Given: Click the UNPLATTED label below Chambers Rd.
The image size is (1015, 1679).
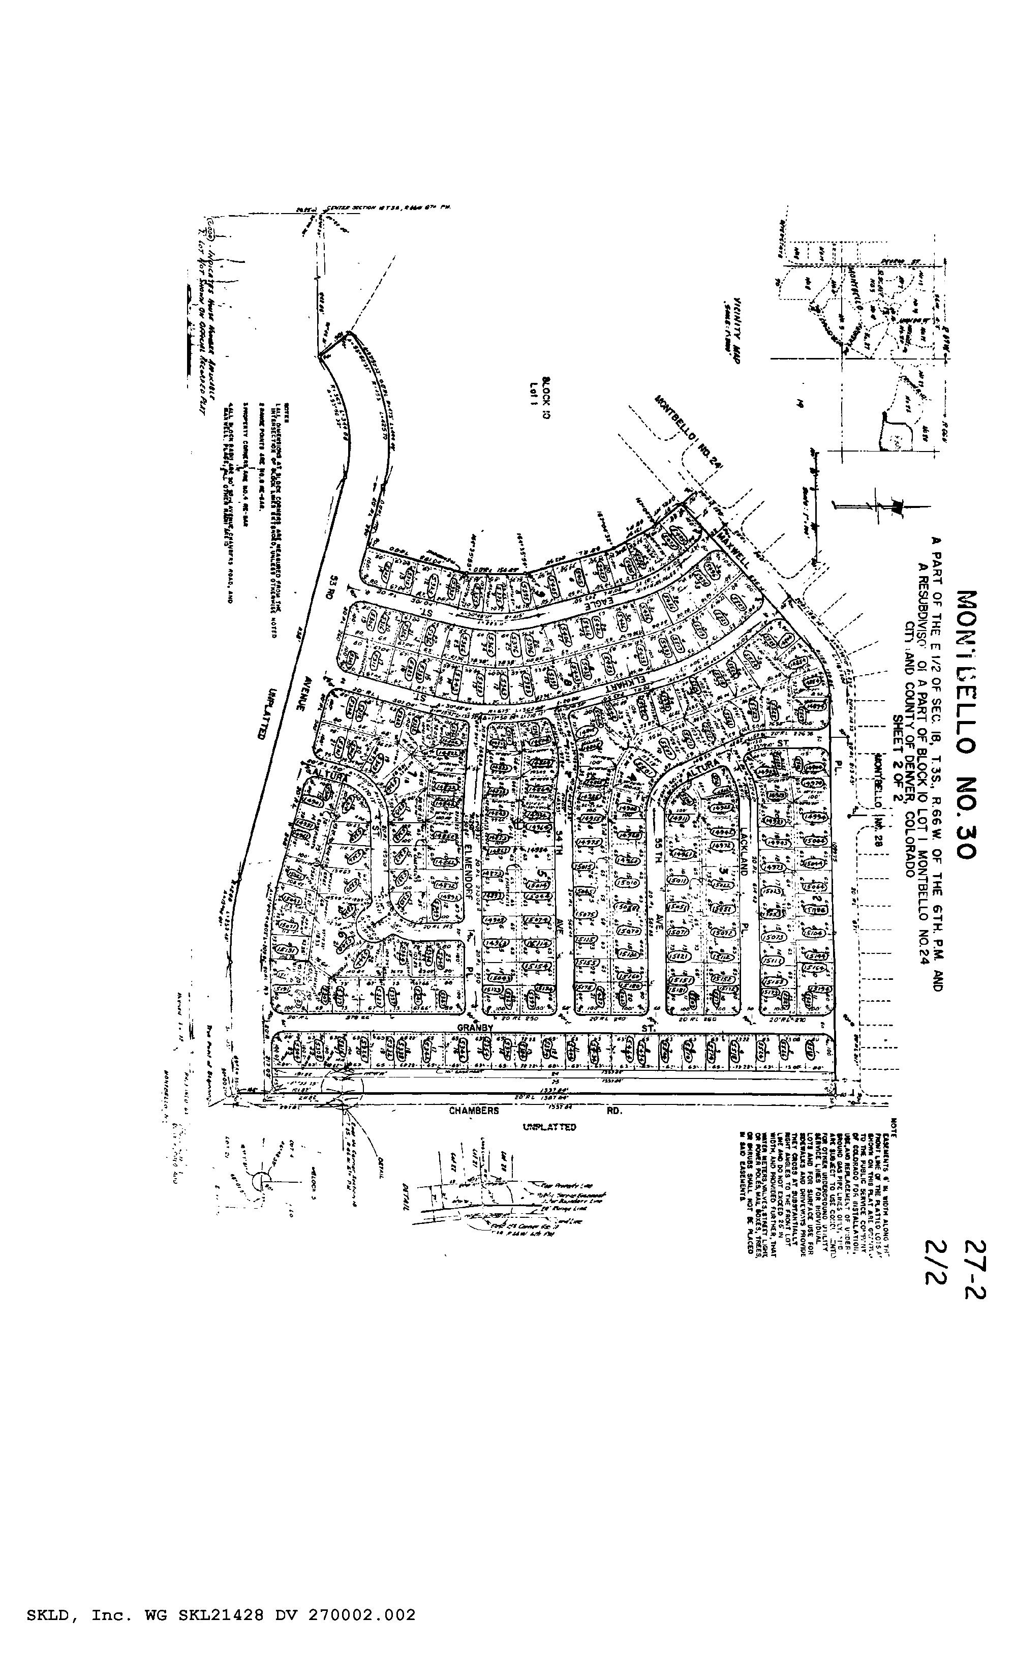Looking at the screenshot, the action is [549, 1126].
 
